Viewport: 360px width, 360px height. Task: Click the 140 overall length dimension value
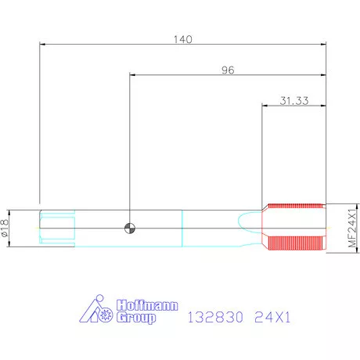[x=183, y=39]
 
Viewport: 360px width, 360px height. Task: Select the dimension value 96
[x=228, y=70]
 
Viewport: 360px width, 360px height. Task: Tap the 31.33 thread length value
[x=294, y=101]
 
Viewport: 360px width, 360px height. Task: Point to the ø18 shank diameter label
[x=5, y=228]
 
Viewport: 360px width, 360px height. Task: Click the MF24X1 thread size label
[x=352, y=228]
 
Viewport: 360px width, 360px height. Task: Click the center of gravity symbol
[x=130, y=229]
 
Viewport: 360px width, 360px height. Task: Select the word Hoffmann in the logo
[x=147, y=305]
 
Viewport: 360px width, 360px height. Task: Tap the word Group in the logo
[x=136, y=318]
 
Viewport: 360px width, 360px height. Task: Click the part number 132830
[x=215, y=317]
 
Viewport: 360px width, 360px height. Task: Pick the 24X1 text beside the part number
[x=272, y=317]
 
